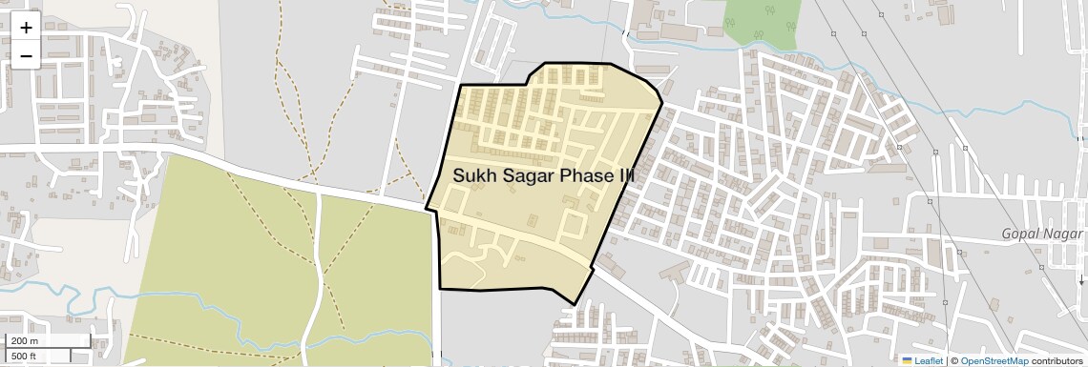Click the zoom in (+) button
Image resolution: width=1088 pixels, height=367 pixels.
[x=26, y=28]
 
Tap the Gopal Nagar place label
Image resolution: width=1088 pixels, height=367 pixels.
[x=1043, y=234]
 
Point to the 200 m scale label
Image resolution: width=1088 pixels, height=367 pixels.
[x=25, y=341]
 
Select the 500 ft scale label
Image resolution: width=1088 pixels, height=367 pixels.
[x=25, y=357]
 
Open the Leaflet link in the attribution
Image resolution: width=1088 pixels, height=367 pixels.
[x=929, y=360]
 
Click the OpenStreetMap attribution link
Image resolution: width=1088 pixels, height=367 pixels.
[x=994, y=360]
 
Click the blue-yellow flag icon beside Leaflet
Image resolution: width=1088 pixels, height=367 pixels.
[x=908, y=360]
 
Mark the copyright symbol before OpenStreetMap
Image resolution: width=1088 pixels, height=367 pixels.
[x=953, y=360]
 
